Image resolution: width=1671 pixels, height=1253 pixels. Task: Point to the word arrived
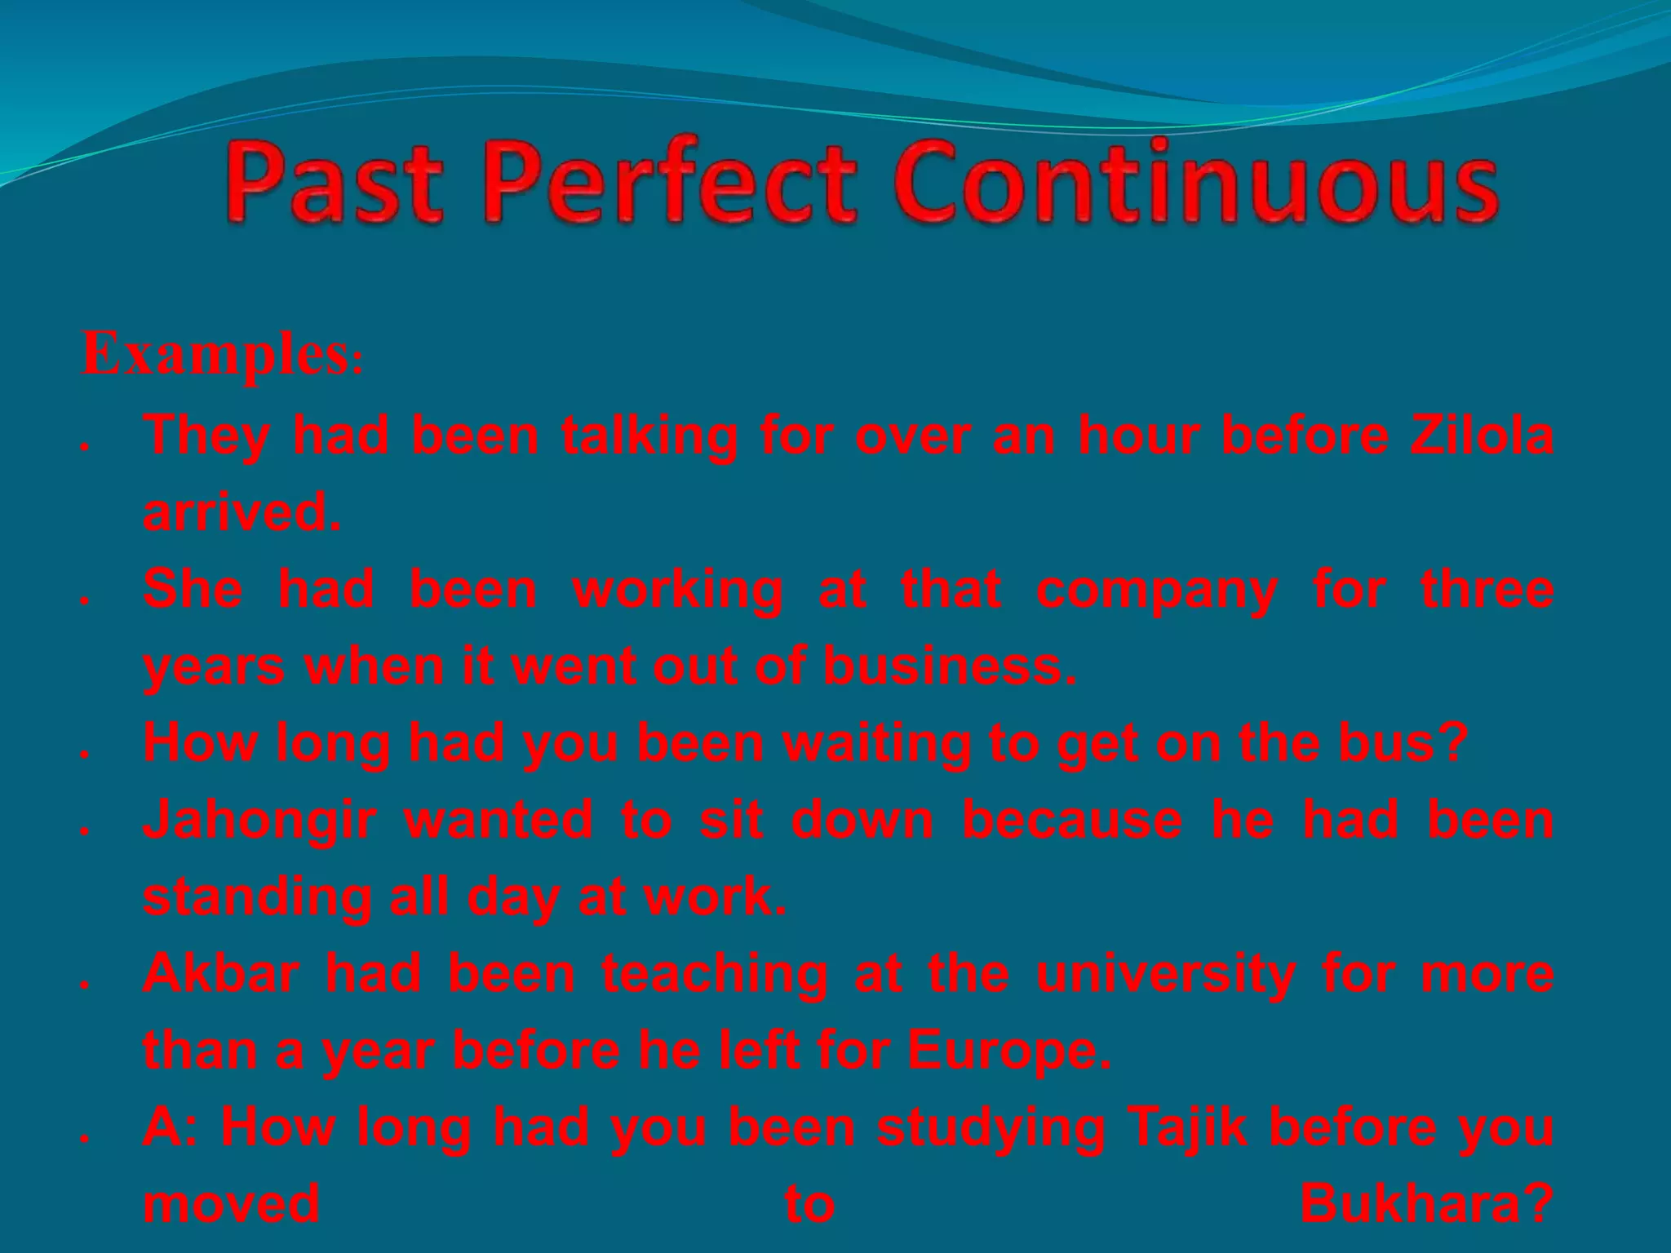pyautogui.click(x=242, y=512)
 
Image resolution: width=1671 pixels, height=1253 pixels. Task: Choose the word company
pyautogui.click(x=1156, y=590)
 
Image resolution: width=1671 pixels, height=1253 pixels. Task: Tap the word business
pyautogui.click(x=950, y=666)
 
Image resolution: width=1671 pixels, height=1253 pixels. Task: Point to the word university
pyautogui.click(x=1166, y=973)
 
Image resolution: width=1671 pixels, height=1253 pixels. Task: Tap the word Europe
pyautogui.click(x=1008, y=1050)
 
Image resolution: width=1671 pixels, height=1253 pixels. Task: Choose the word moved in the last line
pyautogui.click(x=232, y=1203)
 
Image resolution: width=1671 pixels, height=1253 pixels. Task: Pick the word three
pyautogui.click(x=1487, y=590)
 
